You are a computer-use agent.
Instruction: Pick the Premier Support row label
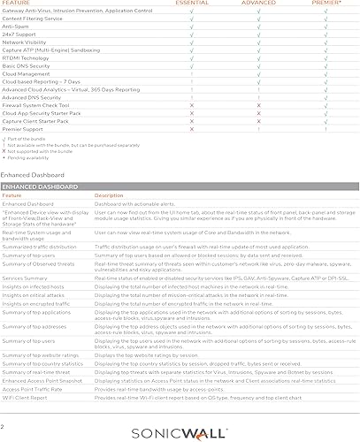point(26,129)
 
